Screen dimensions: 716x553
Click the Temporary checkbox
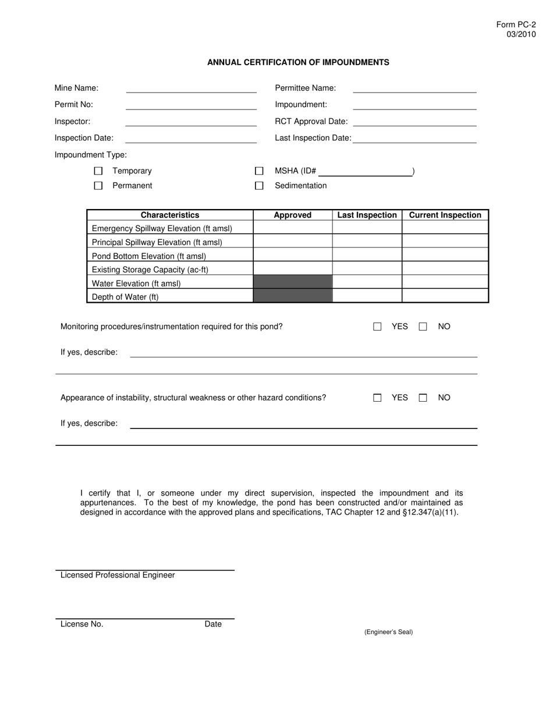point(98,171)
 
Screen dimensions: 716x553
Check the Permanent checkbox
point(98,186)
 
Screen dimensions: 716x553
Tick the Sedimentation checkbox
point(260,186)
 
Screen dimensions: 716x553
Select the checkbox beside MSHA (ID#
point(260,171)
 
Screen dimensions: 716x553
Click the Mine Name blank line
point(191,88)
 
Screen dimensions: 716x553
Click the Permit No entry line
point(191,105)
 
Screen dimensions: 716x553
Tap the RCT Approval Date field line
point(414,122)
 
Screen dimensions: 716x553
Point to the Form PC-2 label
point(516,25)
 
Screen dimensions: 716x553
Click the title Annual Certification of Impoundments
point(298,62)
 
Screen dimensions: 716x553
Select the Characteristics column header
point(170,215)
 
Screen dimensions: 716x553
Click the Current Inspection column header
point(445,215)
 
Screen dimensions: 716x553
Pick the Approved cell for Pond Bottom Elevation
point(293,255)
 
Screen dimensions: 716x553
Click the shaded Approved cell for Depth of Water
point(293,296)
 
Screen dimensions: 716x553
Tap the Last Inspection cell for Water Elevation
point(367,282)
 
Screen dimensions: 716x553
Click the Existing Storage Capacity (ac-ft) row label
point(150,270)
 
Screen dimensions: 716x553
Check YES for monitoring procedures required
point(377,327)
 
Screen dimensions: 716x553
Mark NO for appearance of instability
point(423,398)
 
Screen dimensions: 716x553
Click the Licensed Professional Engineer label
point(118,575)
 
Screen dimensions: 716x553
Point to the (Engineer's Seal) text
point(388,632)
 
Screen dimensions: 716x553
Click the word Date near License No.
point(213,624)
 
